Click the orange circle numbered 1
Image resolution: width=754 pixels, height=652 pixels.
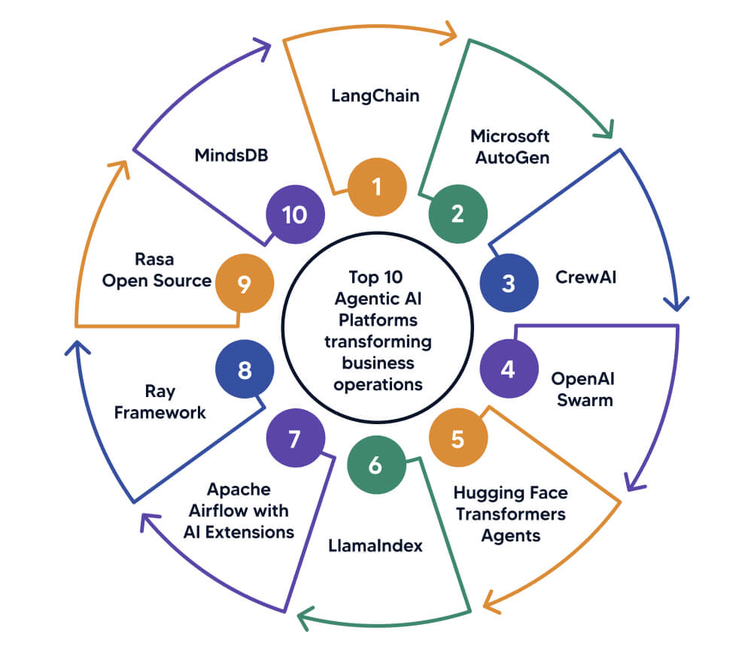(x=377, y=186)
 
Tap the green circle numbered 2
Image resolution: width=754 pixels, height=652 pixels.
(x=458, y=214)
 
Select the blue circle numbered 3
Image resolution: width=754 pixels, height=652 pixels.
(x=509, y=284)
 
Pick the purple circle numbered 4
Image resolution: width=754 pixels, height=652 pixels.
(x=509, y=369)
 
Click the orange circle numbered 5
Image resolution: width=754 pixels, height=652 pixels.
(x=458, y=438)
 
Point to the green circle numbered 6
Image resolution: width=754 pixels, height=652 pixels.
(x=375, y=465)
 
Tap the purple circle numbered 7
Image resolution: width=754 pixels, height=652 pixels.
(x=295, y=439)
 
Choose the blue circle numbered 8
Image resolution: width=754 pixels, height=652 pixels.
(x=244, y=370)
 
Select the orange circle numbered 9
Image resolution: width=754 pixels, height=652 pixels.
(x=244, y=284)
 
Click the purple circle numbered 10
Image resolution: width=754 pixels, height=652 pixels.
(x=295, y=214)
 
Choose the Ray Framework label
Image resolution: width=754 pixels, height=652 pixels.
(x=160, y=402)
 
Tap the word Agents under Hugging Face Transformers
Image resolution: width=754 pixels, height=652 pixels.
(x=510, y=536)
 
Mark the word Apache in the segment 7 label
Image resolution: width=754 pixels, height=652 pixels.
(x=239, y=490)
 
